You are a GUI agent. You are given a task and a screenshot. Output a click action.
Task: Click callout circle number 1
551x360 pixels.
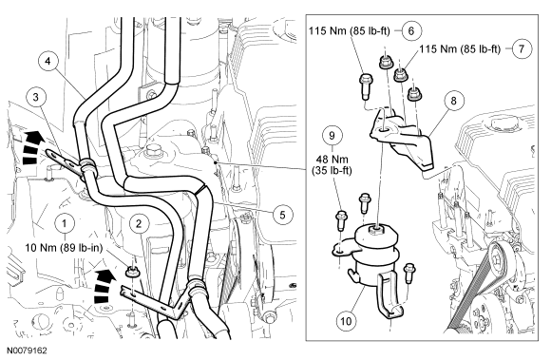tap(65, 222)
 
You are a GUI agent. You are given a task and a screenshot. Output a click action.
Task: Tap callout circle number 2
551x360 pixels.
tap(139, 223)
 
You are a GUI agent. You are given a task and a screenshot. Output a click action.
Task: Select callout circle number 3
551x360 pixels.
tap(36, 97)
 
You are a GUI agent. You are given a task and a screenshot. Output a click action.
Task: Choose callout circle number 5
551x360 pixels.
tap(282, 215)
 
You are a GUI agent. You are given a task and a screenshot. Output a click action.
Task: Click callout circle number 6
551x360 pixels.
tap(411, 31)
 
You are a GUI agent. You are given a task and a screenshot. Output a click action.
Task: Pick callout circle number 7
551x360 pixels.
tap(522, 48)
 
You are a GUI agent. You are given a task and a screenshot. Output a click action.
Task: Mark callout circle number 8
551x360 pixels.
tap(454, 101)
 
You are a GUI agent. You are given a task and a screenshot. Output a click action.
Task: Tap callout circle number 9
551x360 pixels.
tap(332, 135)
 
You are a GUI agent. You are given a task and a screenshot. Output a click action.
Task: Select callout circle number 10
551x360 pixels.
tap(346, 321)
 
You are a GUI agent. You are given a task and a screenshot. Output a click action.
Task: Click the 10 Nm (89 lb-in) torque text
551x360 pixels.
tap(64, 248)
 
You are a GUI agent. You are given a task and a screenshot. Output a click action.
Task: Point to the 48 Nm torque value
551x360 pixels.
tap(332, 160)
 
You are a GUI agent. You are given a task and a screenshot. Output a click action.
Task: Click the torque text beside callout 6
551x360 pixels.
tap(350, 31)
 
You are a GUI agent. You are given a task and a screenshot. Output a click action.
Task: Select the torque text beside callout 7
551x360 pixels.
tap(460, 48)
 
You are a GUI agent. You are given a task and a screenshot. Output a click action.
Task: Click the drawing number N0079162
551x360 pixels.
tap(28, 351)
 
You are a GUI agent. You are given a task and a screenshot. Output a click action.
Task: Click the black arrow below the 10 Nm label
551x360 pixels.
tap(104, 285)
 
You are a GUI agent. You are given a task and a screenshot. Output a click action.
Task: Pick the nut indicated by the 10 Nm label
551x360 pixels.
tap(131, 271)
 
